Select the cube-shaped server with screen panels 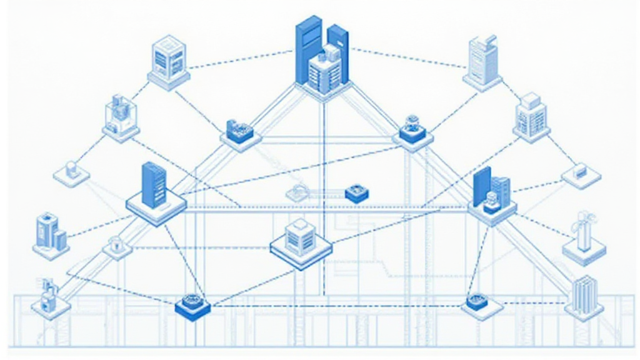point(168,59)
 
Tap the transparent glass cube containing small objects point(121,116)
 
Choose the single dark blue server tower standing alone point(152,185)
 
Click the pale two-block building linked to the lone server point(51,232)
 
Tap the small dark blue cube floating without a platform point(354,193)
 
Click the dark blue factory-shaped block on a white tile point(240,132)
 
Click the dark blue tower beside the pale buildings point(491,191)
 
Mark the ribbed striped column point(584,294)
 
